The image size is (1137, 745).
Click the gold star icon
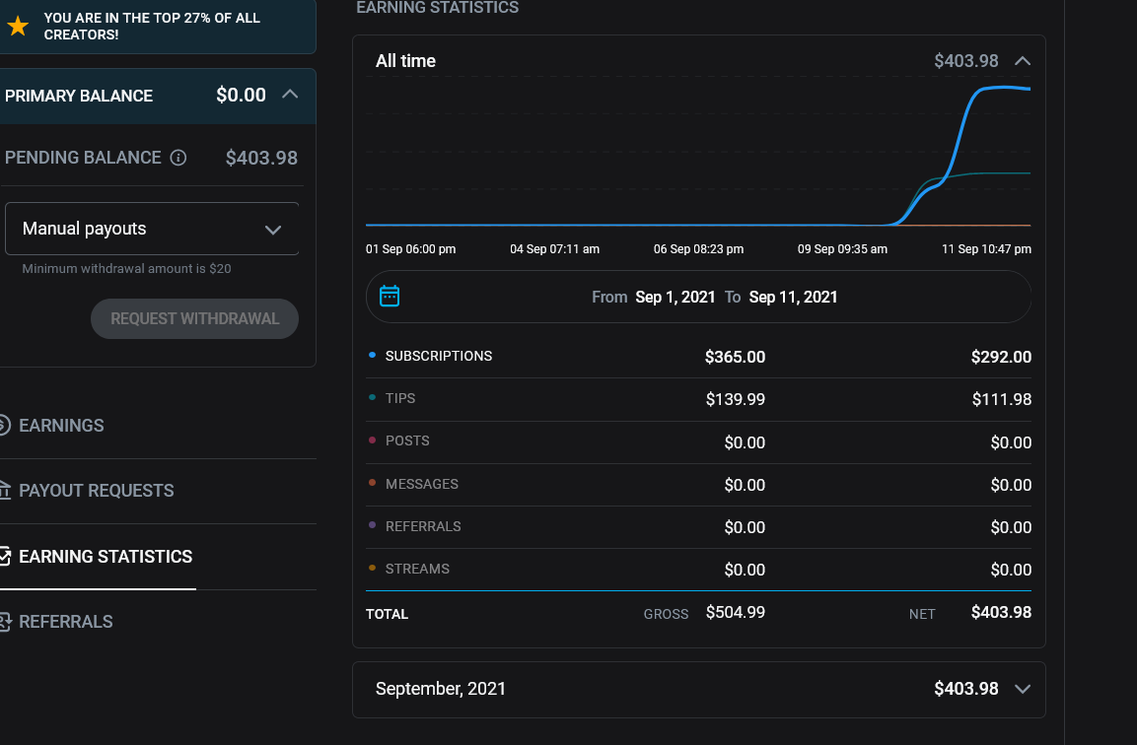pos(18,26)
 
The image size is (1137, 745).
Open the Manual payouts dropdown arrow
pos(272,230)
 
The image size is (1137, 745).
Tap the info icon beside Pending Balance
pos(178,158)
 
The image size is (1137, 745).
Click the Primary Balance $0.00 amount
pos(241,95)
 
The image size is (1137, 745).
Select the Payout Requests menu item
pos(96,491)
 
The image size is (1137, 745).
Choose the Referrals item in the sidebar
pos(65,622)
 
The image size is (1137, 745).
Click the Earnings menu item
pos(61,426)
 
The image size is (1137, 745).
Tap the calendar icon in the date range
pos(390,296)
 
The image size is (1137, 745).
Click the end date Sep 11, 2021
pos(793,298)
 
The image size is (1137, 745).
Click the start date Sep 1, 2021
pos(675,298)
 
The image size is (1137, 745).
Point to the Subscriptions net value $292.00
pos(1001,357)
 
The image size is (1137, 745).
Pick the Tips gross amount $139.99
pos(736,399)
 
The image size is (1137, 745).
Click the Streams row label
pos(417,569)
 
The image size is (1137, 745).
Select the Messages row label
pos(421,484)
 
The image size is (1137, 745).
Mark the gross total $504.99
pos(736,612)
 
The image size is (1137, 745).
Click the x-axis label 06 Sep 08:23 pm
pos(698,249)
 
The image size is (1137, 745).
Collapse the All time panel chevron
pos(1023,61)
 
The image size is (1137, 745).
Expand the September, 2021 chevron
pos(1023,689)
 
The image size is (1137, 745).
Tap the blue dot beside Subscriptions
pos(372,355)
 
